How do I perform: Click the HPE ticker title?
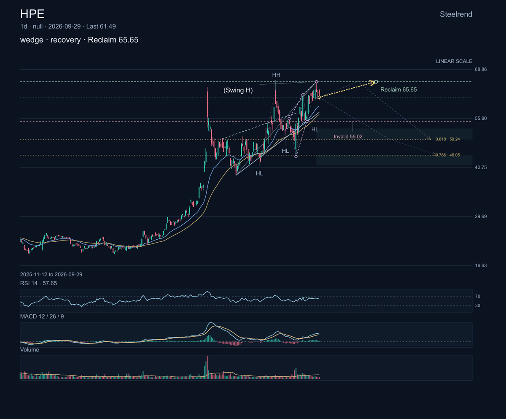(x=32, y=14)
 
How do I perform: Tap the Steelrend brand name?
(x=456, y=14)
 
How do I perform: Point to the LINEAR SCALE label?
(x=454, y=61)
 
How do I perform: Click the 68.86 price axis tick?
(x=481, y=69)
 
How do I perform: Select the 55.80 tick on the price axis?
(x=481, y=118)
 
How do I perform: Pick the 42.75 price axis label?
(x=481, y=168)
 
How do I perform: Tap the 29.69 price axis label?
(x=481, y=216)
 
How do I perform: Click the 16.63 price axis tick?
(x=481, y=265)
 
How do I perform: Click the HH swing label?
(x=276, y=75)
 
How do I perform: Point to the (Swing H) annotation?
(x=238, y=90)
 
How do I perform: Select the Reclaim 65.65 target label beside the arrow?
(x=398, y=89)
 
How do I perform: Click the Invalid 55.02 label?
(x=348, y=137)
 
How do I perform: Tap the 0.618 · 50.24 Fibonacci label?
(x=447, y=139)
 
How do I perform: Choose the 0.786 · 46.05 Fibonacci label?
(x=447, y=155)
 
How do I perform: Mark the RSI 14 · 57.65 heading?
(x=38, y=283)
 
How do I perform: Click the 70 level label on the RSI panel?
(x=477, y=296)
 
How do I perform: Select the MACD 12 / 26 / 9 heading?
(x=42, y=316)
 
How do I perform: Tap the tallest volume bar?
(x=207, y=367)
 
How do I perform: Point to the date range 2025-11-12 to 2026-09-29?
(x=51, y=275)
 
